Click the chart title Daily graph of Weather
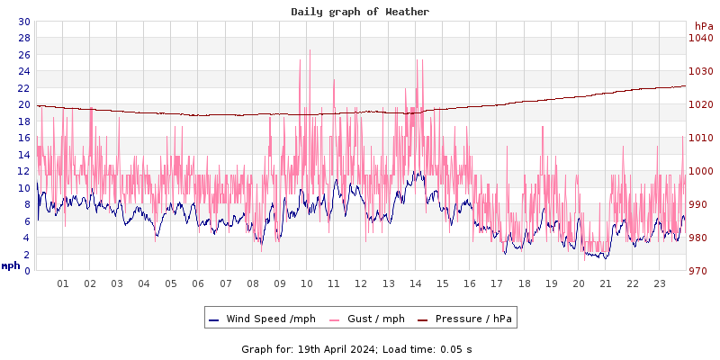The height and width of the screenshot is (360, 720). coord(360,12)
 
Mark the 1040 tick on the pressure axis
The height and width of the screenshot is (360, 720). coord(700,38)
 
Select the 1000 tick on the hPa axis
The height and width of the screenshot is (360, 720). coord(700,171)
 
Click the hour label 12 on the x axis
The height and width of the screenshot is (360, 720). coord(361,283)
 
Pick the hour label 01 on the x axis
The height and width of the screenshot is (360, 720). coord(63,283)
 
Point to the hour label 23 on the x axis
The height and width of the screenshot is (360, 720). coord(660,283)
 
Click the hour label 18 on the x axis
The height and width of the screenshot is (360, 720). coord(524,283)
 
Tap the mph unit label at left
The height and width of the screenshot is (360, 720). coord(11,265)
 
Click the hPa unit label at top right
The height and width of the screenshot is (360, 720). coord(703,26)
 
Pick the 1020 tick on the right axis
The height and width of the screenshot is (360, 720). coord(700,104)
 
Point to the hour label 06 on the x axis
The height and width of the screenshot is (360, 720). coord(198,283)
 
